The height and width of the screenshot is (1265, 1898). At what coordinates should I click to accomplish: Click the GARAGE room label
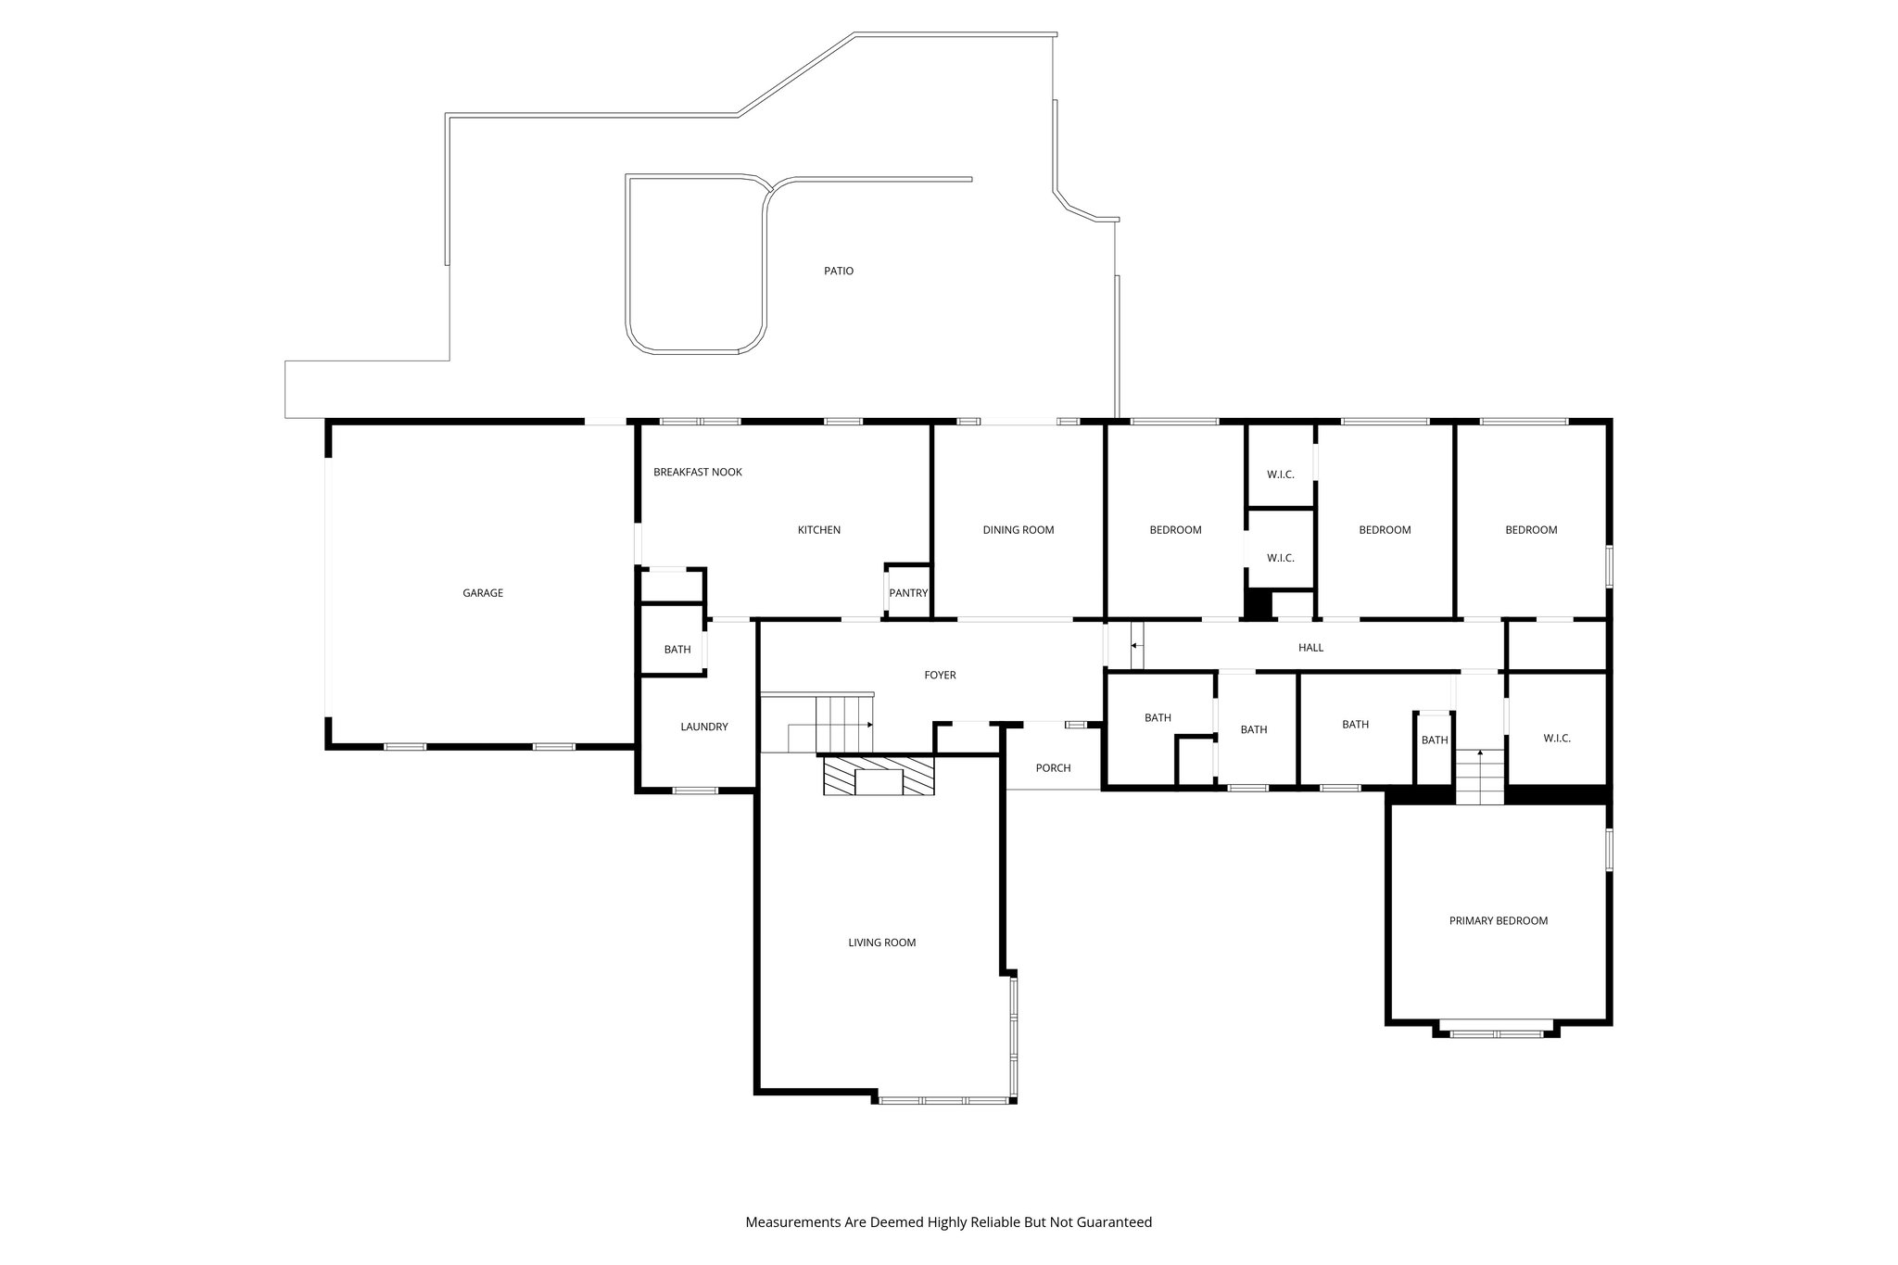pyautogui.click(x=483, y=593)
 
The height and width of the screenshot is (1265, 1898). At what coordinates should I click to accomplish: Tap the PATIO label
pyautogui.click(x=839, y=272)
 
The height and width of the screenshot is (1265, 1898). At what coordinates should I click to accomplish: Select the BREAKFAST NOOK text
pyautogui.click(x=698, y=473)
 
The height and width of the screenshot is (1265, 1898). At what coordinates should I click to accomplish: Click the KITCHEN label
pyautogui.click(x=819, y=530)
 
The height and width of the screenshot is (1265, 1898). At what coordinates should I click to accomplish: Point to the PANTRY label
pyautogui.click(x=908, y=593)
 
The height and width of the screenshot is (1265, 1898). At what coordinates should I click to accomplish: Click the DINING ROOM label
pyautogui.click(x=1019, y=530)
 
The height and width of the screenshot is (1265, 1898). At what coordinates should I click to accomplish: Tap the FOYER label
pyautogui.click(x=940, y=676)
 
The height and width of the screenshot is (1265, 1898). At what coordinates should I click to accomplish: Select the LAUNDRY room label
pyautogui.click(x=704, y=727)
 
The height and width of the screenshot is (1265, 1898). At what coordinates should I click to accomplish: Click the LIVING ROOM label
pyautogui.click(x=881, y=943)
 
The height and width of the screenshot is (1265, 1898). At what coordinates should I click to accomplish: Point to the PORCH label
pyautogui.click(x=1053, y=768)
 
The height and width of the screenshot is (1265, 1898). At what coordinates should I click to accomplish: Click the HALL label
pyautogui.click(x=1310, y=648)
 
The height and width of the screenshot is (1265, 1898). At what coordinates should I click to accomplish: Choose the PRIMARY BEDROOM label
pyautogui.click(x=1499, y=921)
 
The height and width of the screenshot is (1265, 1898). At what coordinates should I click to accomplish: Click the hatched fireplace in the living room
pyautogui.click(x=879, y=776)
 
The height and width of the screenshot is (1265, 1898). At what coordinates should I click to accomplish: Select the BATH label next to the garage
pyautogui.click(x=677, y=650)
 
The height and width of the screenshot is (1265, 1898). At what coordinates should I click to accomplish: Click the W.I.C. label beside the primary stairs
pyautogui.click(x=1557, y=739)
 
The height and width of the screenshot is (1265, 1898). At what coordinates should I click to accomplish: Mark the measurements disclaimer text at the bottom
pyautogui.click(x=948, y=1222)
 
